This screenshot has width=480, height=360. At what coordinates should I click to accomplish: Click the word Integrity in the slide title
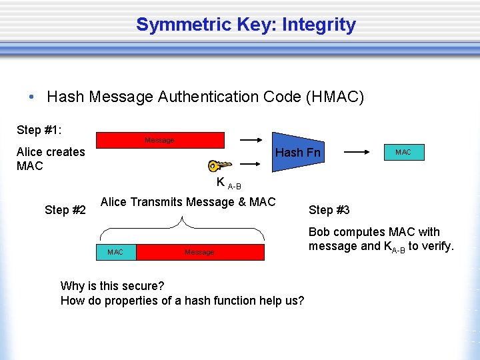click(319, 25)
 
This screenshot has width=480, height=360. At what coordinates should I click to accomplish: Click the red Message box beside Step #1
click(160, 140)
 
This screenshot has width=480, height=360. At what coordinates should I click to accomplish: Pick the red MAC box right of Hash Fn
click(403, 152)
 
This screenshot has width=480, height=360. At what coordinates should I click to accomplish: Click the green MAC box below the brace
click(117, 252)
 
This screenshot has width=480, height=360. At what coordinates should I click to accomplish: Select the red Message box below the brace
click(200, 252)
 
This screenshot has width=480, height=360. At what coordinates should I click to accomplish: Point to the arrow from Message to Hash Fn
click(252, 140)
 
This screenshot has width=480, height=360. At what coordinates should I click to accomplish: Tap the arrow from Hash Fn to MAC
click(357, 152)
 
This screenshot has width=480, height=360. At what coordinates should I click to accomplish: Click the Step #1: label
click(39, 129)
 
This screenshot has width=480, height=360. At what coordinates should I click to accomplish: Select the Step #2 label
click(65, 210)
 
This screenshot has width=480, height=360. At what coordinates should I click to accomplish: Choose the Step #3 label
click(329, 210)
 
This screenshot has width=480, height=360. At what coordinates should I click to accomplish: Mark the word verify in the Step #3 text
click(436, 246)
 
